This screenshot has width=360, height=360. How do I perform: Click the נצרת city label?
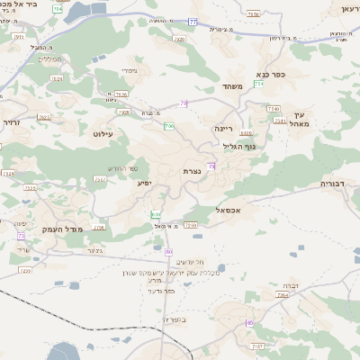coord(191,170)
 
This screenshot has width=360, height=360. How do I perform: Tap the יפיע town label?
coord(143,183)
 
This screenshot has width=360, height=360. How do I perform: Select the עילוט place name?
coord(102,132)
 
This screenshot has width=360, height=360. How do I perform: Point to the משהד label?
coord(233,86)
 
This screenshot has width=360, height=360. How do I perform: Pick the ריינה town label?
coord(224,129)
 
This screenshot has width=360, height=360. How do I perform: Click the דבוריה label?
coord(337,183)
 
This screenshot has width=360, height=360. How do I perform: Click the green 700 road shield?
coord(169,127)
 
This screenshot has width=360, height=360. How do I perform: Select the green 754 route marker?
coord(258,84)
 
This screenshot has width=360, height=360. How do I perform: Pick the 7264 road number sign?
coord(283,295)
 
